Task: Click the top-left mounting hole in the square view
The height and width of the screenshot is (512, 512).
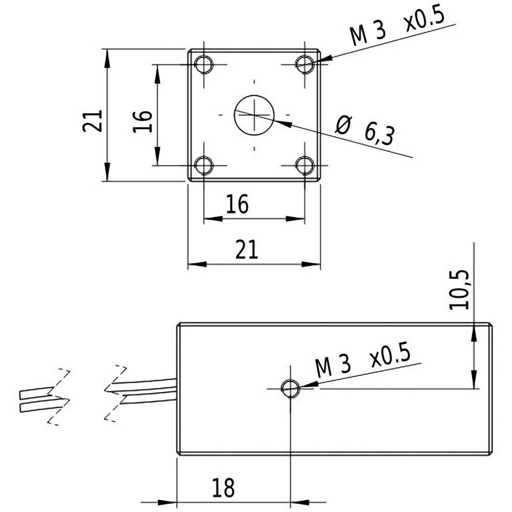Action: coord(204,65)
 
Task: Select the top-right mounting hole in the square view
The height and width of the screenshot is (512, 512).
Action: coord(305,64)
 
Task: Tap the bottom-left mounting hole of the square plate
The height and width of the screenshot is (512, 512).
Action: coord(204,165)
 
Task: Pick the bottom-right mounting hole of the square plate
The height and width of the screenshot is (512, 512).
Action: coord(305,165)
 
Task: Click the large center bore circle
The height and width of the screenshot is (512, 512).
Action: coord(254,115)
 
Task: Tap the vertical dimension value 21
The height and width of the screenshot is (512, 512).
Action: coord(93,121)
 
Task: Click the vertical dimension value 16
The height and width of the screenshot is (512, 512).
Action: coord(143,121)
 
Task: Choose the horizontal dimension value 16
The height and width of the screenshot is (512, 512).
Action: coord(238,205)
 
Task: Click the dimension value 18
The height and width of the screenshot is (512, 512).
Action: coord(223,487)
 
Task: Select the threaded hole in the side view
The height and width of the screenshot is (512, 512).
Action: coord(290,389)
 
